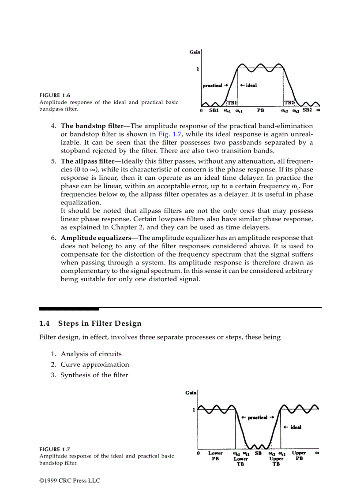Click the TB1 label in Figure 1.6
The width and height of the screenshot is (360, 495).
point(232,102)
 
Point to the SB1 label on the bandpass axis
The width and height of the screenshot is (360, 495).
point(214,110)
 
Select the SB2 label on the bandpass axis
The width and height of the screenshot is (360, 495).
point(307,110)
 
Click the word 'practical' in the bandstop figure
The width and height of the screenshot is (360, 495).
point(258,417)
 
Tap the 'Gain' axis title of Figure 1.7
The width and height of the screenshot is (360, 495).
point(191,392)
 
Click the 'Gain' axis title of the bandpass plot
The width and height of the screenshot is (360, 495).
point(195,52)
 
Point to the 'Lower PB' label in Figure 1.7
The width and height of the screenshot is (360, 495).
point(215,455)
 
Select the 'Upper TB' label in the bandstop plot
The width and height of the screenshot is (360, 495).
point(276,461)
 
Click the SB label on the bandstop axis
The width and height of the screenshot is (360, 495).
point(258,453)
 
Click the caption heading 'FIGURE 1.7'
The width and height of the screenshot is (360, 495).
point(55,449)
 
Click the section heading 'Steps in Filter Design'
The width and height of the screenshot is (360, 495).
point(100,324)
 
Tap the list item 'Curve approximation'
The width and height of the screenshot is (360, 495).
point(95,365)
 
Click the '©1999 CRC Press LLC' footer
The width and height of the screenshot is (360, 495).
point(70,480)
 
